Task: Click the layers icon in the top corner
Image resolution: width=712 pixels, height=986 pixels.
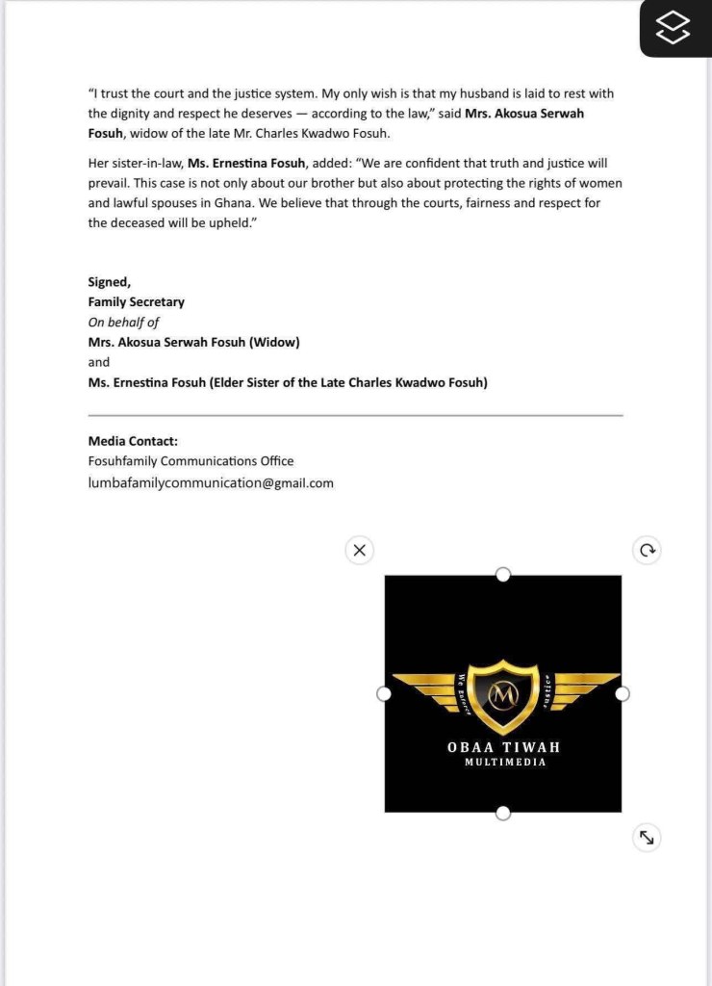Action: coord(674,28)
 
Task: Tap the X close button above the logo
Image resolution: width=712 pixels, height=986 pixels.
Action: coord(359,551)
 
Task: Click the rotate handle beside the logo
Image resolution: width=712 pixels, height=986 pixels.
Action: coord(648,551)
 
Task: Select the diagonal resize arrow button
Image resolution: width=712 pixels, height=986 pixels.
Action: coord(647,838)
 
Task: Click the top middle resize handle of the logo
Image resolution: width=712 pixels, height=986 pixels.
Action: coord(502,575)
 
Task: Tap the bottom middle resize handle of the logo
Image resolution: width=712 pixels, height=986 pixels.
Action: coord(502,814)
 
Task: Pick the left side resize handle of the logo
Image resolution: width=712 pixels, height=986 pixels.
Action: coord(384,694)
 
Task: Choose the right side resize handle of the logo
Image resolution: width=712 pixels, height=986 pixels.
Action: coord(622,694)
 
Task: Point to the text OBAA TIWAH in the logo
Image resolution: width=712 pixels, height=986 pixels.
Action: coord(502,747)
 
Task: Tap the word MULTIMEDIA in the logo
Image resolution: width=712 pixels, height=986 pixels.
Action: coord(504,763)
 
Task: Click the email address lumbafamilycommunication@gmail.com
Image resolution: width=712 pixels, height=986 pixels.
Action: coord(211,483)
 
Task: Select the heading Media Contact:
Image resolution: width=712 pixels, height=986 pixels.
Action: coord(133,441)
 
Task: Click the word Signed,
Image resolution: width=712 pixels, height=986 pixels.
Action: coord(109,282)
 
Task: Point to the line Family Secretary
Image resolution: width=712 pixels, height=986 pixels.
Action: coord(136,302)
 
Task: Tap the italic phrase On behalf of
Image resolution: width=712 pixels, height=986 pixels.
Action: coord(123,323)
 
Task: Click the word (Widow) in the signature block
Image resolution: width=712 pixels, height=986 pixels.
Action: coord(274,343)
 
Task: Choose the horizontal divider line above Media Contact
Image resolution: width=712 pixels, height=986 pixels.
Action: coord(355,415)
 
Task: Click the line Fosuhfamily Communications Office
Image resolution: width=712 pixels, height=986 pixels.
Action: coord(191,461)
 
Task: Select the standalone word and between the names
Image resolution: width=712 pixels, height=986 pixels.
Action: coord(99,363)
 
